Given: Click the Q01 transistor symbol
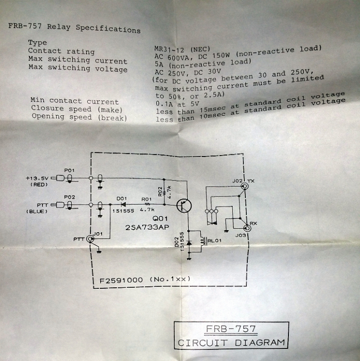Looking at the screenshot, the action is (x=184, y=206).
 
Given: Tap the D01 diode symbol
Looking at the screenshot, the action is (x=123, y=204).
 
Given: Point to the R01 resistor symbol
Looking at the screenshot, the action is (x=147, y=204).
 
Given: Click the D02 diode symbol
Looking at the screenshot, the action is (x=189, y=243).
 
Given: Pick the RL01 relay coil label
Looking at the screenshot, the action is (x=214, y=241).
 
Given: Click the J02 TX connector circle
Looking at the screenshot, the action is (x=244, y=186).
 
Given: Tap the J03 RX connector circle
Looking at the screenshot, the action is (x=247, y=228).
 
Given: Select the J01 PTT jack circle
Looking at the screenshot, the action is (x=90, y=239).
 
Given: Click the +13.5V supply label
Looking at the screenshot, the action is (x=37, y=178).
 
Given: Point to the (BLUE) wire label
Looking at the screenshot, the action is (x=37, y=212).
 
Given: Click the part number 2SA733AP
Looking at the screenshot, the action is (x=147, y=227).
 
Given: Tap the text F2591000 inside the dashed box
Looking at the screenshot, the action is (x=121, y=280).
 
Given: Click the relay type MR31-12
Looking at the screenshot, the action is (x=169, y=49).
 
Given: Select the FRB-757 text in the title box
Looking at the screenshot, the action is (x=231, y=329).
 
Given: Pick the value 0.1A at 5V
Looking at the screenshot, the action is (x=177, y=104).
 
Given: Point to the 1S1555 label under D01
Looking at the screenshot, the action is (x=123, y=211).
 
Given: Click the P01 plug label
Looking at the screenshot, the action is (x=69, y=170).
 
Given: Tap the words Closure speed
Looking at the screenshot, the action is (x=61, y=108).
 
